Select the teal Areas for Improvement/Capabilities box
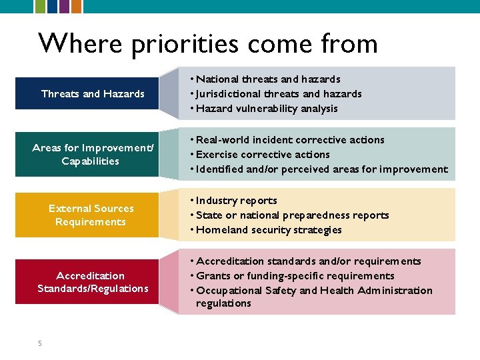(93, 154)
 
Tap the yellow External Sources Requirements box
(91, 215)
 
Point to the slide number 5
(40, 343)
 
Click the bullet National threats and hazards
(268, 79)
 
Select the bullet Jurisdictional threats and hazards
(279, 94)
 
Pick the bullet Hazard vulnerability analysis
(267, 109)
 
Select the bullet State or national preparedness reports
(292, 215)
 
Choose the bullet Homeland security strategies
(269, 230)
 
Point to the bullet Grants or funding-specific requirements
(295, 276)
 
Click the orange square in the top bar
(77, 6)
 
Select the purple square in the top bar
(64, 6)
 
